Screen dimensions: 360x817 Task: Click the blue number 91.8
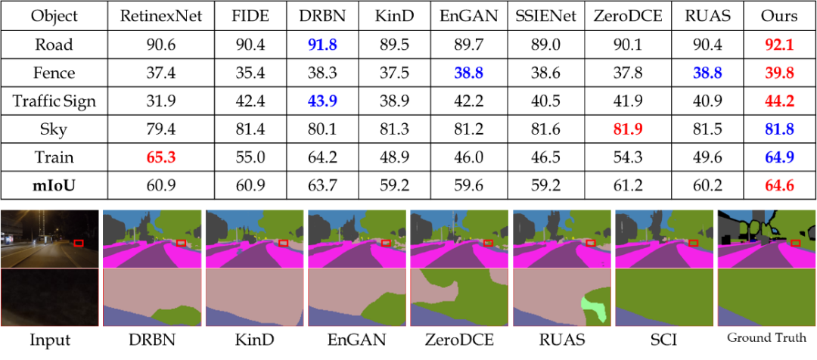pos(322,45)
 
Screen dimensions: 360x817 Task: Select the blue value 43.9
pos(322,101)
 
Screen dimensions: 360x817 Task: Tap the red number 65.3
pos(160,157)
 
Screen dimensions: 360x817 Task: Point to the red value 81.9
pos(627,129)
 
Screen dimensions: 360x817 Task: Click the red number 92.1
pos(778,45)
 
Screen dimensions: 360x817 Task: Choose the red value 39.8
pos(778,73)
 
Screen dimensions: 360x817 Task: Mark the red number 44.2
pos(778,101)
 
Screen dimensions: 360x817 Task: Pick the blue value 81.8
pos(778,129)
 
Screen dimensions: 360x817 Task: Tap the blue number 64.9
pos(778,157)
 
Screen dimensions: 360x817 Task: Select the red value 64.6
pos(778,185)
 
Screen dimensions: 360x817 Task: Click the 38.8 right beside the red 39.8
pos(707,73)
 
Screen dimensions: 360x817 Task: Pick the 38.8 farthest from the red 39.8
pos(468,73)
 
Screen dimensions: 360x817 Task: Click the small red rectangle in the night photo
pos(79,243)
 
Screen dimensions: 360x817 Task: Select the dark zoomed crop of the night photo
pos(50,298)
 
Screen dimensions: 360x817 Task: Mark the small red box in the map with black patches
pos(795,243)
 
